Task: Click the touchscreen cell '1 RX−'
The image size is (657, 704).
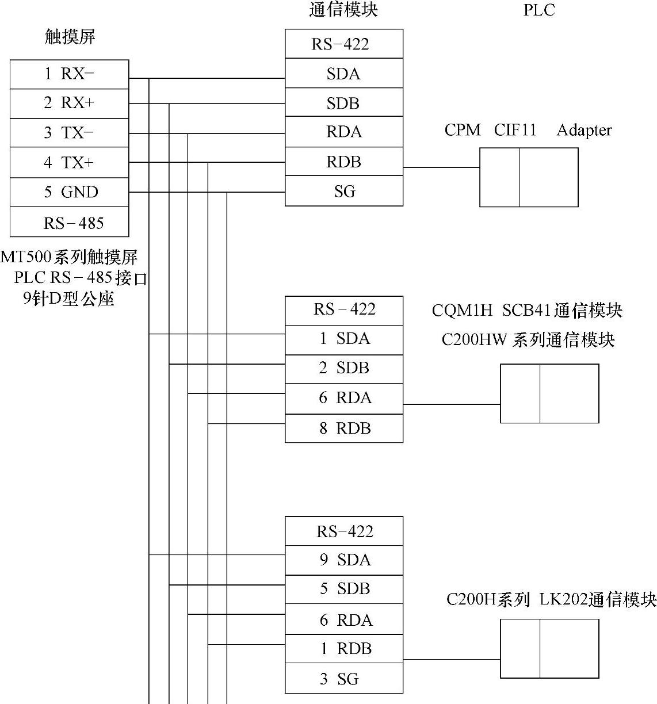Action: pyautogui.click(x=69, y=74)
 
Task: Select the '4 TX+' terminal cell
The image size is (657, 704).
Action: pyautogui.click(x=69, y=163)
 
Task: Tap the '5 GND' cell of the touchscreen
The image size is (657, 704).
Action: pyautogui.click(x=69, y=192)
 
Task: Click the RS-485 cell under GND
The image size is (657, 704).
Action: pyautogui.click(x=69, y=223)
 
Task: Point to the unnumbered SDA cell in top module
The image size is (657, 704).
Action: pyautogui.click(x=343, y=74)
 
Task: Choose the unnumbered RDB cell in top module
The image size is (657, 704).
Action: pyautogui.click(x=343, y=162)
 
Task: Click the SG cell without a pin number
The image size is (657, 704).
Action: pyautogui.click(x=343, y=192)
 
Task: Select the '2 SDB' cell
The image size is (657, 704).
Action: pyautogui.click(x=343, y=368)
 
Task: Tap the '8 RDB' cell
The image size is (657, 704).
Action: pyautogui.click(x=343, y=428)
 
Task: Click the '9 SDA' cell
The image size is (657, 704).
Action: pyautogui.click(x=343, y=560)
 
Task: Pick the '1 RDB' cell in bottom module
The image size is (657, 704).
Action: pyautogui.click(x=343, y=649)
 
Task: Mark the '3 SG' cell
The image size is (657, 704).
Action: pyautogui.click(x=343, y=679)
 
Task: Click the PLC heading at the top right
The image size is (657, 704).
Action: pyautogui.click(x=538, y=10)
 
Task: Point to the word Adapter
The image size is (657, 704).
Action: pyautogui.click(x=583, y=131)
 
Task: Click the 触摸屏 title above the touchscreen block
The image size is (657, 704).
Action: pyautogui.click(x=70, y=37)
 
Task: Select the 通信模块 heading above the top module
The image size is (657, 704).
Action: pyautogui.click(x=343, y=10)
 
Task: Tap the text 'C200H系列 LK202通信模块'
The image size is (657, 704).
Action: pyautogui.click(x=551, y=600)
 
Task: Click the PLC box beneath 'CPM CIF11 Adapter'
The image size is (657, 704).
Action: pyautogui.click(x=529, y=177)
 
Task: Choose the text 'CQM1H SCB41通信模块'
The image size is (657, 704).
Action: pyautogui.click(x=527, y=311)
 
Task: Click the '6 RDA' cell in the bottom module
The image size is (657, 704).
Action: pyautogui.click(x=343, y=620)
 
